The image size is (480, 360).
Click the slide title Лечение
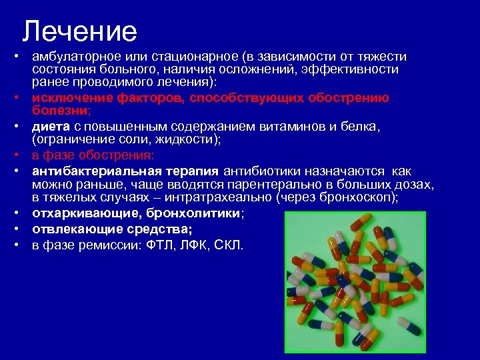pos(79,31)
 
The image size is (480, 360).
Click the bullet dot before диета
pos(22,127)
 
